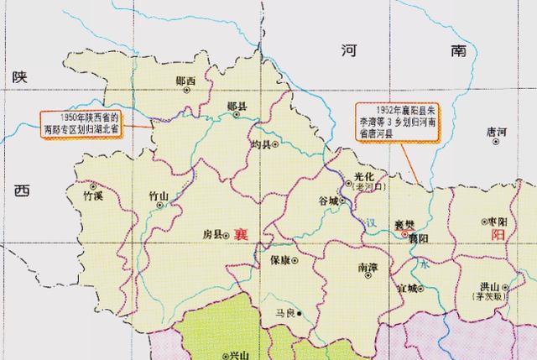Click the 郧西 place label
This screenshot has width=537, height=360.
coord(185,81)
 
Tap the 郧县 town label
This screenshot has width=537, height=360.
coord(237,107)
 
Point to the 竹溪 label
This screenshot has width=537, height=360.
coord(91,196)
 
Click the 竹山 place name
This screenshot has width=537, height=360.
coord(158,196)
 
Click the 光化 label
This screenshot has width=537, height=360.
coord(362,176)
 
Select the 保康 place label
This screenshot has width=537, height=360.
coord(279,259)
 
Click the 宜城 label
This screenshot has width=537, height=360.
coord(409,288)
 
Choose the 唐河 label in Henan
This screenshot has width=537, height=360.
coord(497,132)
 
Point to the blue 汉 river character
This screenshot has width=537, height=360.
coord(371,223)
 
